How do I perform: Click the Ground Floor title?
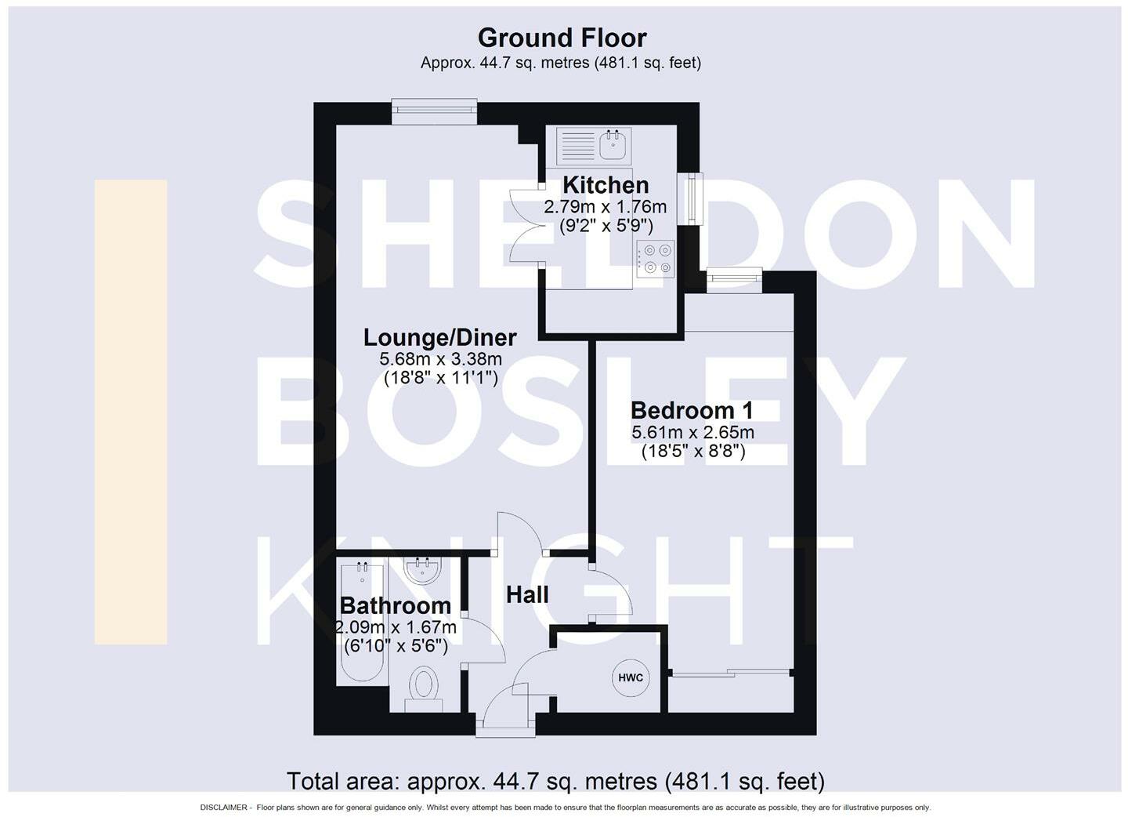tap(562, 38)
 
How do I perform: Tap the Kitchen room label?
tap(606, 185)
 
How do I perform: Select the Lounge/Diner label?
tap(439, 338)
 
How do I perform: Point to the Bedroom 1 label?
tap(692, 410)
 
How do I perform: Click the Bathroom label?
tap(395, 605)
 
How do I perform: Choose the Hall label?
tap(527, 595)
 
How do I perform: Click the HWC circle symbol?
tap(631, 678)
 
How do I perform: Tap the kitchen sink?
tap(612, 145)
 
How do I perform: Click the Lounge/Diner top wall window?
tap(434, 112)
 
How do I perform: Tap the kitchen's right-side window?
tap(691, 198)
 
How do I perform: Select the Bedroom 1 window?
tap(734, 280)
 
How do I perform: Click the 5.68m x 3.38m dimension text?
tap(440, 359)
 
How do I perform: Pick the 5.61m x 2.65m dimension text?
tap(692, 432)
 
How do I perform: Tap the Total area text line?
tap(555, 781)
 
